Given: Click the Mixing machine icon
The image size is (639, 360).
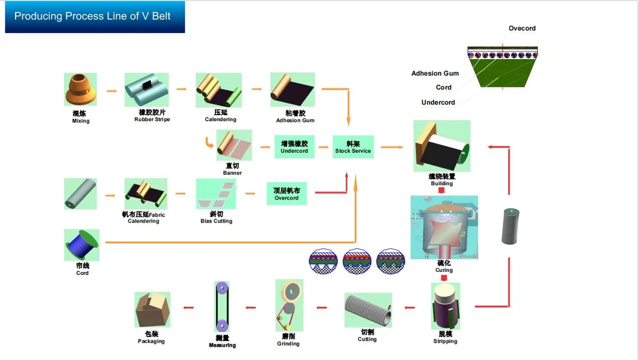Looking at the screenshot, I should (80, 90).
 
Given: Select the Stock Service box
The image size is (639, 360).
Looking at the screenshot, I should (353, 147).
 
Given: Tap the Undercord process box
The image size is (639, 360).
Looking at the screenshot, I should (294, 147).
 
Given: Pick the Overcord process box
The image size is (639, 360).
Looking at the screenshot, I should (286, 194).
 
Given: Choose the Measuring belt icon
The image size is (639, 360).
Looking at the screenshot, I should (222, 308).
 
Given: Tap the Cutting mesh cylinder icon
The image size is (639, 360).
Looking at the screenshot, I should (367, 310).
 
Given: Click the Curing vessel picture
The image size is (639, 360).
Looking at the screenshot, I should (443, 227).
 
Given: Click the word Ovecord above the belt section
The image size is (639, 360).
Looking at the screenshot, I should (522, 28).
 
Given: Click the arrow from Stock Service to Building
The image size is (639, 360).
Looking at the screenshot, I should (392, 147).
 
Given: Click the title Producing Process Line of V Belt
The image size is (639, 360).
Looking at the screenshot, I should (92, 16).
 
